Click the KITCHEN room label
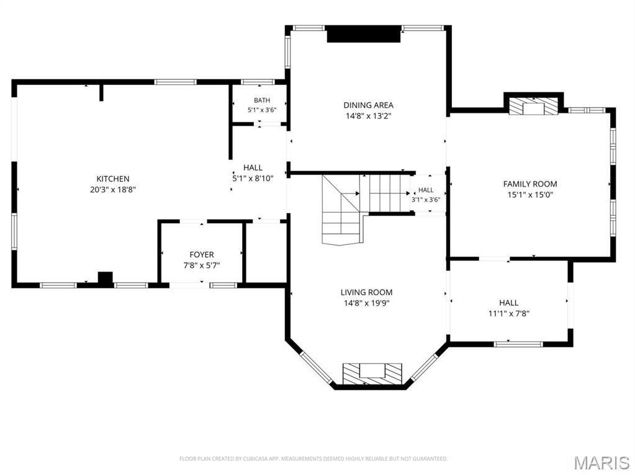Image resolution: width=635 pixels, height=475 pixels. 113,179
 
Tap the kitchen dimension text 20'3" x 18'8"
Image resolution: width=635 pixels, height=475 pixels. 113,189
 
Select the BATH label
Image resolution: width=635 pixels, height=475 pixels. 262,100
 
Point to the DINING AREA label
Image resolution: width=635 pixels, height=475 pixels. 369,105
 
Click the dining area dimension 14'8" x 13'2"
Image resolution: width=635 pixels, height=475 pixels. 369,116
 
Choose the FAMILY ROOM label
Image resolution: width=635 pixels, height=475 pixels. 530,184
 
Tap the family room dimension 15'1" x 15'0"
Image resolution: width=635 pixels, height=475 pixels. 530,195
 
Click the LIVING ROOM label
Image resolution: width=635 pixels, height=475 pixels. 366,293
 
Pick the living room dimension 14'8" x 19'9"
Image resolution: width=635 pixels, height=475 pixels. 366,303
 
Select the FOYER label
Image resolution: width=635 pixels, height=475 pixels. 202,255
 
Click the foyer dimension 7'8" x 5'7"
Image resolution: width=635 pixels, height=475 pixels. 202,265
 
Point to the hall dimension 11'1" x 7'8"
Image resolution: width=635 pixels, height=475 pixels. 509,313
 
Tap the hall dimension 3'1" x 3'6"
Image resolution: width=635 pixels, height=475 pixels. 426,200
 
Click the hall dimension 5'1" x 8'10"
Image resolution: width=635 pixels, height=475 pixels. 253,178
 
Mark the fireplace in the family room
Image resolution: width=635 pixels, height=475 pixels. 533,106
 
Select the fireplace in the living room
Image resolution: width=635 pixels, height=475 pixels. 372,374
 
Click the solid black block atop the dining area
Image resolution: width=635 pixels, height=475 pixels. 364,34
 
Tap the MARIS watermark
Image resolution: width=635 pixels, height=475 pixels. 602,463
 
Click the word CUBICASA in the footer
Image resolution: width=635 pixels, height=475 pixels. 254,459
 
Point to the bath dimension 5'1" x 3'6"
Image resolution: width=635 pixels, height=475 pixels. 262,110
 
